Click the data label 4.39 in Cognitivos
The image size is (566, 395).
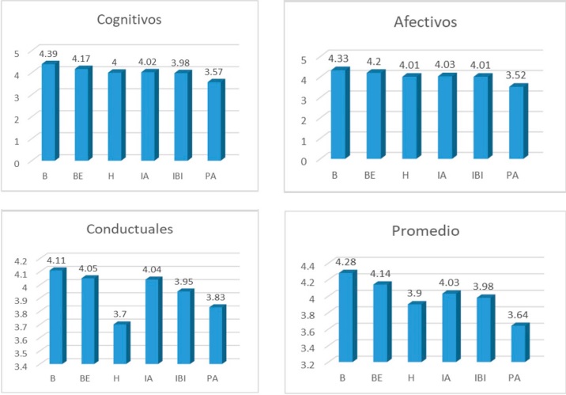[x=50, y=54]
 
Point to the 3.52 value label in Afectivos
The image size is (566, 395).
[x=516, y=77]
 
